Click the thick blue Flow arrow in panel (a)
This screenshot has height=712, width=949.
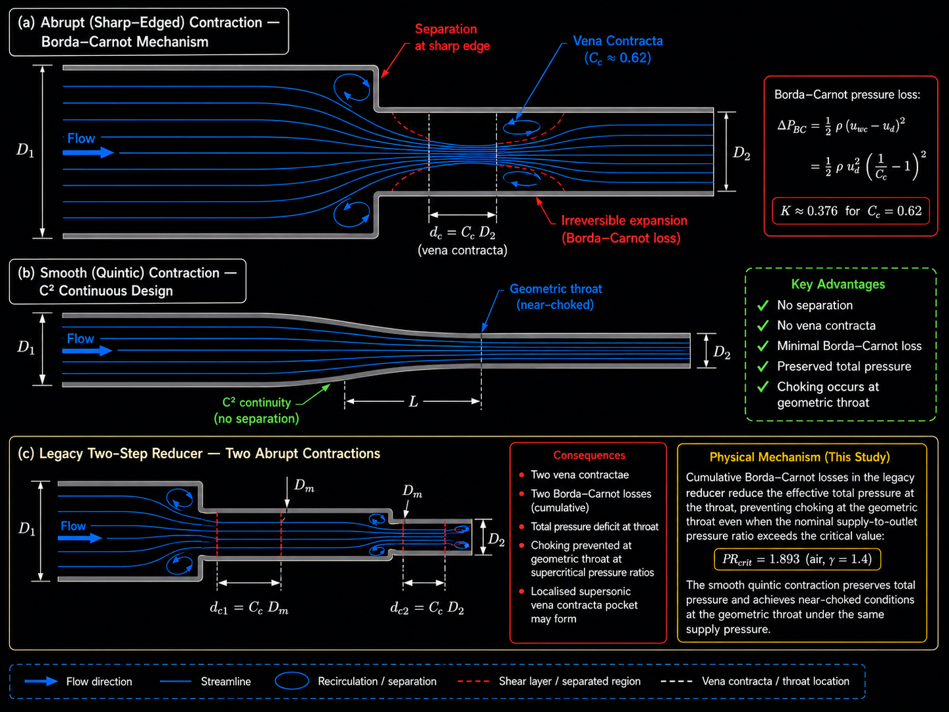pos(88,152)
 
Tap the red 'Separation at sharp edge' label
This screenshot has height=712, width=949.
pos(452,37)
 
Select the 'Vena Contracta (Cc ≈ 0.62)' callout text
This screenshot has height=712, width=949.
pos(618,49)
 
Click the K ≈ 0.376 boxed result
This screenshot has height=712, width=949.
pos(851,211)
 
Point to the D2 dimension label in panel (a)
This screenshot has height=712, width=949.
pos(741,153)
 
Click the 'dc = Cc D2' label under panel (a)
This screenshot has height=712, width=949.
pos(462,233)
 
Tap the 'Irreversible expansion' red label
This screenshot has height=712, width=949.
pos(625,220)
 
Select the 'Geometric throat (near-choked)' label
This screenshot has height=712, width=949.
pos(556,296)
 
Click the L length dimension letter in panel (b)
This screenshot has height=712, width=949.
pos(414,402)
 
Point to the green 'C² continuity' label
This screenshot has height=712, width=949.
pos(256,403)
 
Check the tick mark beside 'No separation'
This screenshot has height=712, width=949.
pos(763,306)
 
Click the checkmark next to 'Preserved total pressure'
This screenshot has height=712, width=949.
pos(763,366)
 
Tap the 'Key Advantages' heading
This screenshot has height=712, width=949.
pos(838,284)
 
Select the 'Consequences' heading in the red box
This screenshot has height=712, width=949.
pos(589,455)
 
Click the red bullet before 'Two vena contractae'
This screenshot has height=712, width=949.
pos(522,475)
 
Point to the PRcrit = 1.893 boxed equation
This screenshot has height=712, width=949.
pos(797,559)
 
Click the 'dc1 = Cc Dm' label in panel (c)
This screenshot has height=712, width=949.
pos(249,608)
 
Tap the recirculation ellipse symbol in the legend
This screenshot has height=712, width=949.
pos(292,681)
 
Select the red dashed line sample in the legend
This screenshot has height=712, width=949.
pos(473,681)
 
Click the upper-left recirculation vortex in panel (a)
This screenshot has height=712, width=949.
pos(351,87)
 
